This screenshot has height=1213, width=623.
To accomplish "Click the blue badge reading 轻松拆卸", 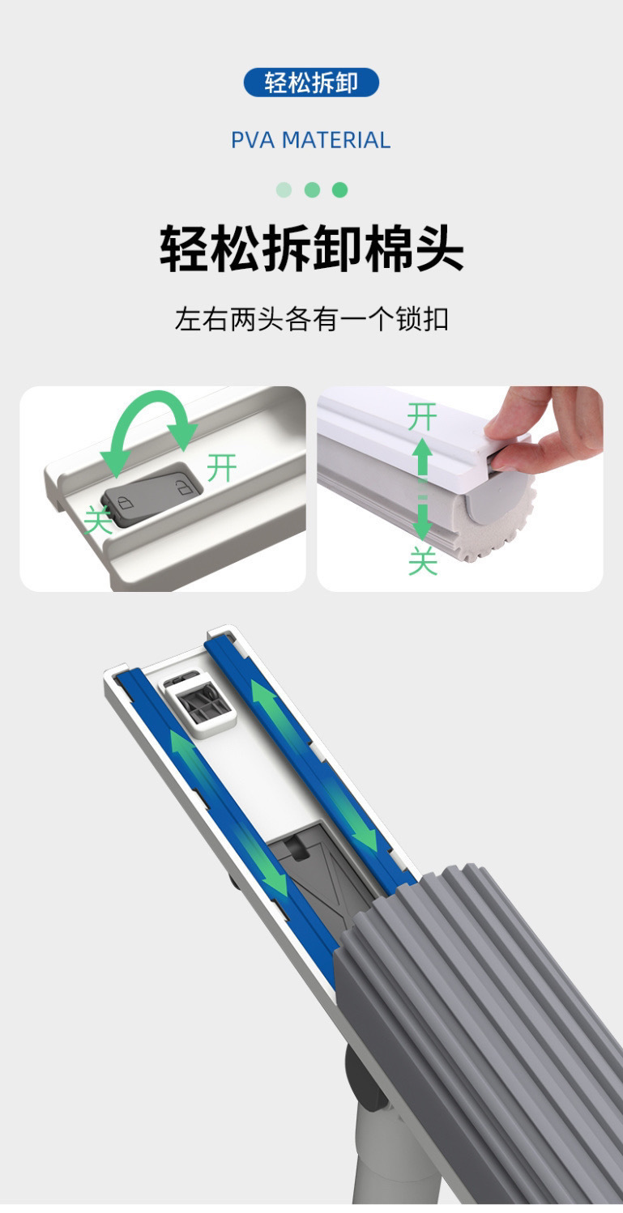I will [311, 83].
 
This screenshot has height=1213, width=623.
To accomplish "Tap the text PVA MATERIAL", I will [311, 140].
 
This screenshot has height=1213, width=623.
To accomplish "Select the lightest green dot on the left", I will [284, 190].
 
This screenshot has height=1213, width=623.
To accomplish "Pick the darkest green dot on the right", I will [340, 190].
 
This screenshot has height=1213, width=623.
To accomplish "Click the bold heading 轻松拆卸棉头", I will [311, 249].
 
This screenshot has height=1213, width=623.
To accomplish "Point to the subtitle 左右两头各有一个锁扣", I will [311, 318].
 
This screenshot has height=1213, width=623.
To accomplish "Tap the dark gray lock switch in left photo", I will [151, 494].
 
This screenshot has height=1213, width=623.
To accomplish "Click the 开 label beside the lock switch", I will [222, 468].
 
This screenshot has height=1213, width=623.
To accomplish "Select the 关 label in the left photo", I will [99, 520].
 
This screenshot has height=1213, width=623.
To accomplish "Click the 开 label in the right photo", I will [421, 418].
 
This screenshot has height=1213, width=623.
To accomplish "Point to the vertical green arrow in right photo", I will [422, 489].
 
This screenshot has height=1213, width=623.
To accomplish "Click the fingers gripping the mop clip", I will [543, 429].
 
